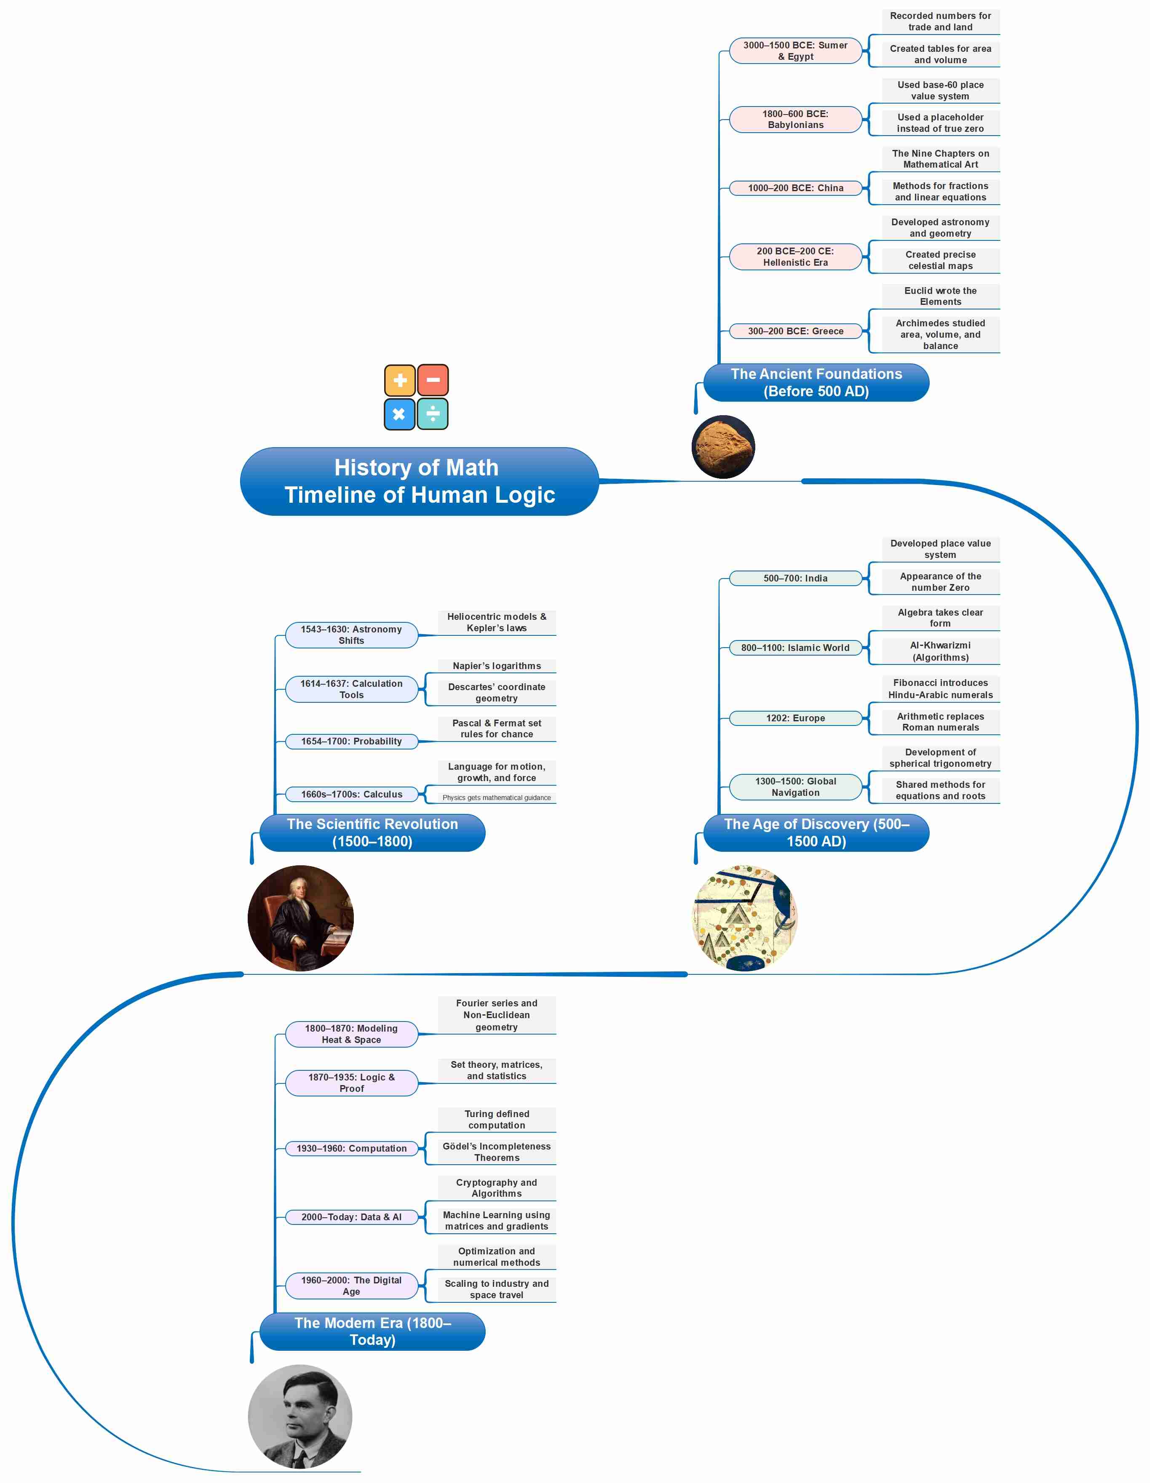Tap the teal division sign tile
point(433,413)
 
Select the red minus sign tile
point(433,380)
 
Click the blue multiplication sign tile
point(399,413)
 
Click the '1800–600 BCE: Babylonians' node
point(795,120)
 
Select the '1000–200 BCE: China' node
point(795,188)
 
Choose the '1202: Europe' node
point(795,718)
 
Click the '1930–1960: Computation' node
point(351,1148)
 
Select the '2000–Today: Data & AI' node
point(351,1217)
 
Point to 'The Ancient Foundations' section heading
point(816,382)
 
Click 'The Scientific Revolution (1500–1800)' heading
point(372,832)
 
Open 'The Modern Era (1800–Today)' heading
point(372,1331)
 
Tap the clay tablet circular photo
point(723,447)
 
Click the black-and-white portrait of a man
point(300,1416)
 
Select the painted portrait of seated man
point(300,918)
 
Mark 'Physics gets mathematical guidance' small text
point(497,798)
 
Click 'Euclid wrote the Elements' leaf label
point(940,296)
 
